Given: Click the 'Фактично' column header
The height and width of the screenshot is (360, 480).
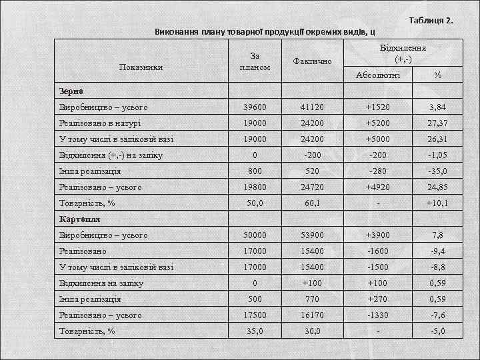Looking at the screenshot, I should point(313,61).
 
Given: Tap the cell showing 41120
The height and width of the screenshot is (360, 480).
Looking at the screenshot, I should point(313,107).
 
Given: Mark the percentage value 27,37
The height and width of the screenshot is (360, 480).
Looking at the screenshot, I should point(437,123).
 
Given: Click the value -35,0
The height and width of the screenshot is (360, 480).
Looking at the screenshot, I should point(437,171).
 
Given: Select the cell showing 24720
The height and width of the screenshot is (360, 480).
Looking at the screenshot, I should point(313,187).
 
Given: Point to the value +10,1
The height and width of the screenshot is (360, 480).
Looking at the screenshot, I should point(437,203).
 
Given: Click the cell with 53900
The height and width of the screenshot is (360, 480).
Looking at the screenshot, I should point(313,235).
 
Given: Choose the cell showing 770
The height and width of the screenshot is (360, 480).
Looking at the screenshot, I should point(313,299).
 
